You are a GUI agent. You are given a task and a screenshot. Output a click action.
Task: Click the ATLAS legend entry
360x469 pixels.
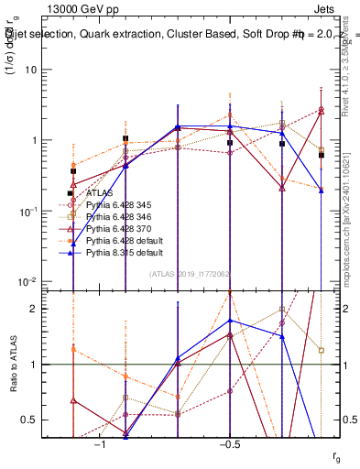(99, 193)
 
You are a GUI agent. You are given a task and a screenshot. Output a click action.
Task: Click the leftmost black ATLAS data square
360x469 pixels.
(73, 171)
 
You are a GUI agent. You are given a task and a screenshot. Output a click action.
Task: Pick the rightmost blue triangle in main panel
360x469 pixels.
(321, 190)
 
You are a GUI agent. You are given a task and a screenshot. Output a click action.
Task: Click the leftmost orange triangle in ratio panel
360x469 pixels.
(73, 349)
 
